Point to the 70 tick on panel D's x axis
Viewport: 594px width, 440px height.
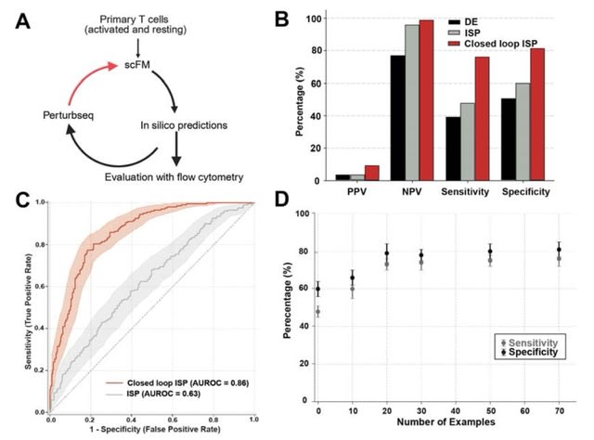click(559, 408)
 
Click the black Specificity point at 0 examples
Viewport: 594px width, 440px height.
click(318, 289)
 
